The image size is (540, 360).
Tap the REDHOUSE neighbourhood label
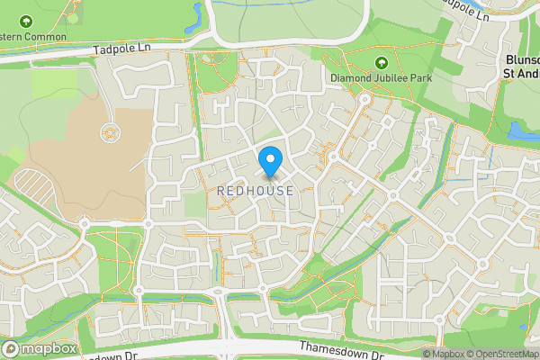pos(255,191)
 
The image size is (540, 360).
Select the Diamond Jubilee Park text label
pos(381,78)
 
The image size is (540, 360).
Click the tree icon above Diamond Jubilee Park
pos(380,62)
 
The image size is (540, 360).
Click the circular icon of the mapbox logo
pos(13,348)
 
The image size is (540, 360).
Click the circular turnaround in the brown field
pos(110,132)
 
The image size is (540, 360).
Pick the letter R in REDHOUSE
pos(221,191)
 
